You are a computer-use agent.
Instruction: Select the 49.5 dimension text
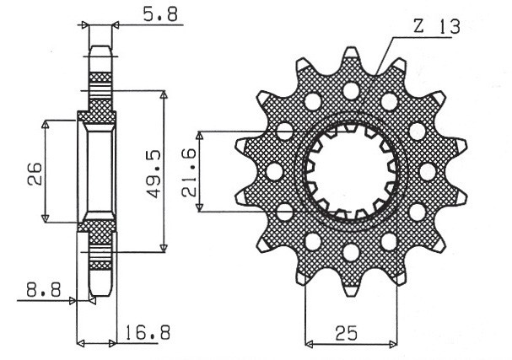(152, 175)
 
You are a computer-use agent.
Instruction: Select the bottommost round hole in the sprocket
(349, 251)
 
